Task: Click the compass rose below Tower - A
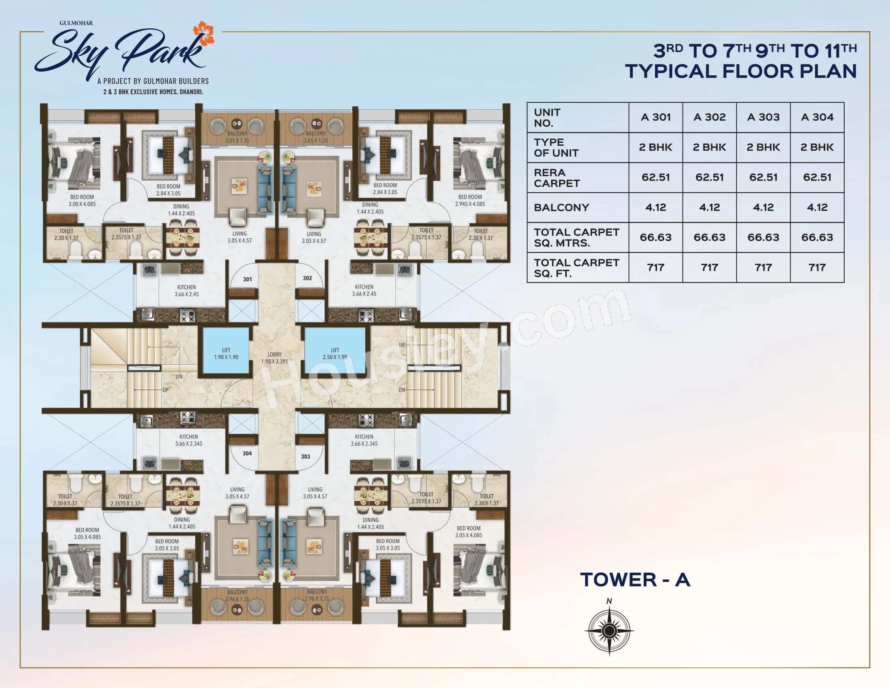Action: point(609,631)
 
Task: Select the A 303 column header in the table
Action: point(763,117)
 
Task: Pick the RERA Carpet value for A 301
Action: point(655,177)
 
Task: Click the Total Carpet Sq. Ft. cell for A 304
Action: point(817,268)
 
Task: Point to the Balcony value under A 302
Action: point(709,208)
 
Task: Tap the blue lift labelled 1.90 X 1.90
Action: point(226,353)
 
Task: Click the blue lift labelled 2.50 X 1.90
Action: point(335,353)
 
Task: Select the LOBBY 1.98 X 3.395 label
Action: point(274,358)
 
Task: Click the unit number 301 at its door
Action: point(247,279)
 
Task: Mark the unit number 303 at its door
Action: point(305,457)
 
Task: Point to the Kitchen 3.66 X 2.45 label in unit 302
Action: point(364,290)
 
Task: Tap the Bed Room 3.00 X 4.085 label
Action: point(82,200)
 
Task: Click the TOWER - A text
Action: point(635,580)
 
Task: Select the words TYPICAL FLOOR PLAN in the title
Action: point(740,71)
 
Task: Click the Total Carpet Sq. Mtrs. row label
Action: point(576,238)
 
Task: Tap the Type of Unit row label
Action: point(556,148)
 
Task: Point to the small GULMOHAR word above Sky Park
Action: point(76,23)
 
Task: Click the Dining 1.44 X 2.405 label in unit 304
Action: point(182,523)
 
